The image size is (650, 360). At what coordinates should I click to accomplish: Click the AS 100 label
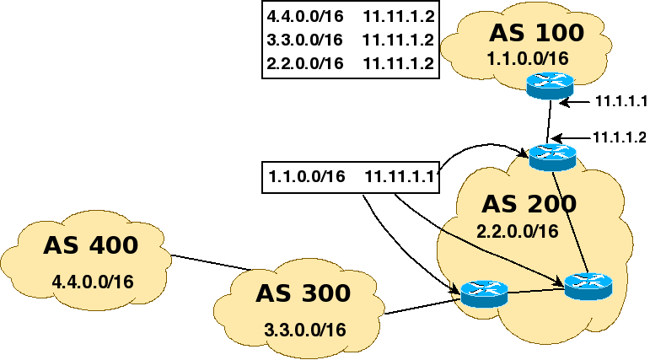tap(536, 33)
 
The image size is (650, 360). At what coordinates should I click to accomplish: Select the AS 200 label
tap(529, 204)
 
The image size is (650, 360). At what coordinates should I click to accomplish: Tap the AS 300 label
tap(302, 293)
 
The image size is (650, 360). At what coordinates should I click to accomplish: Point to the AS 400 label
tap(90, 246)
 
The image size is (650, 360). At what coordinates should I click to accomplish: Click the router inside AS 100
tap(550, 85)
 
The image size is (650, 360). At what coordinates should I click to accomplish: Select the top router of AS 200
tap(552, 156)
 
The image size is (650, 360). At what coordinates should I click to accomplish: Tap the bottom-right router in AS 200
tap(588, 286)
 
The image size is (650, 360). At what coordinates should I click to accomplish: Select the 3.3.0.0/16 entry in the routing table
tap(304, 40)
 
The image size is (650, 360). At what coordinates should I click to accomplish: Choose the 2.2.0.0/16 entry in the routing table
tap(304, 64)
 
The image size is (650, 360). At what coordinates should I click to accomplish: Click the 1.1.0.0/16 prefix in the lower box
tap(307, 176)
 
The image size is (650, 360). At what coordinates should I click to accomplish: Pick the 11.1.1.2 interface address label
tap(620, 137)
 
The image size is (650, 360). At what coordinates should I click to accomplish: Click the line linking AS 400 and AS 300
tap(212, 262)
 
